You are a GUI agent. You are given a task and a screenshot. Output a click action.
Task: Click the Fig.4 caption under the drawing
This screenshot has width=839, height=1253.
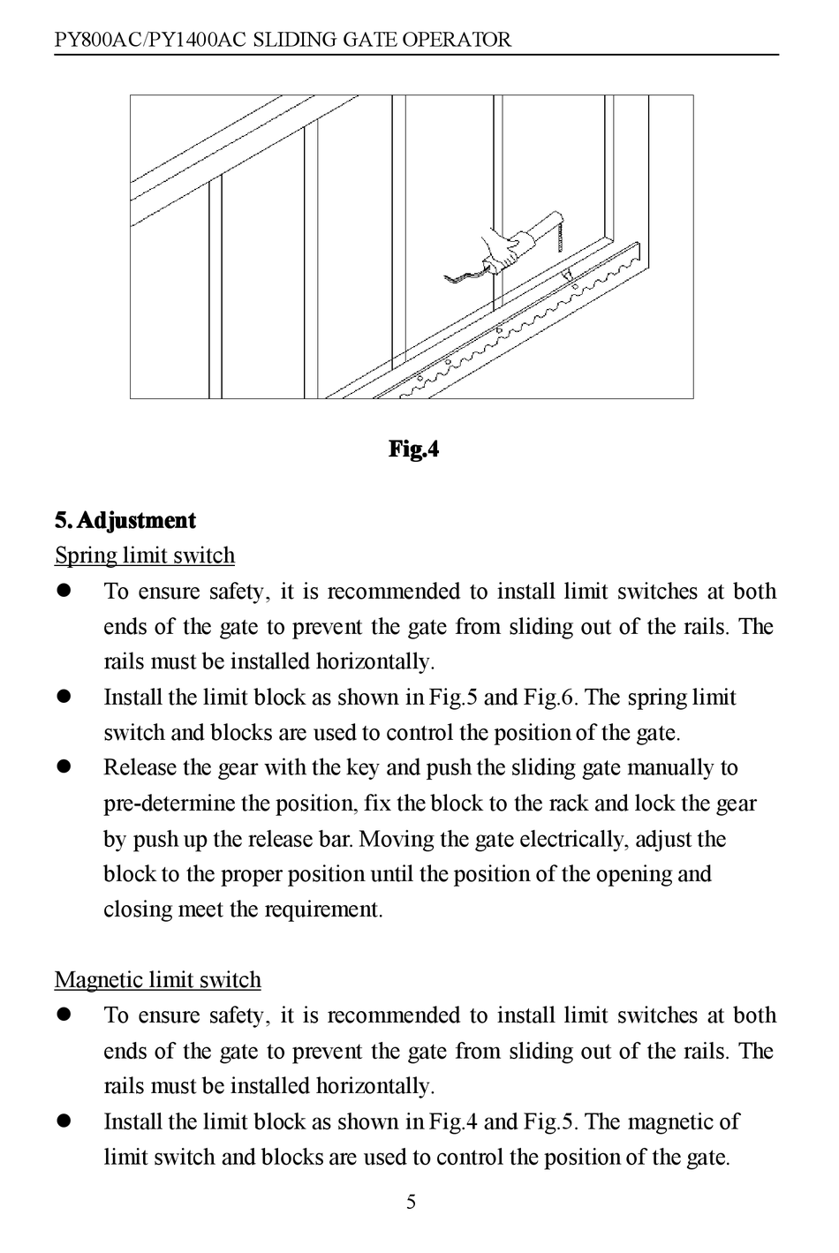pyautogui.click(x=413, y=449)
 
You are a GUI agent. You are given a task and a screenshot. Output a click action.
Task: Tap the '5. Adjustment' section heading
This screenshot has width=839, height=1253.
pyautogui.click(x=125, y=520)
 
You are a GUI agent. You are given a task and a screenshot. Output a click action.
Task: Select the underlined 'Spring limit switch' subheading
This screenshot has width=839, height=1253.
pyautogui.click(x=145, y=555)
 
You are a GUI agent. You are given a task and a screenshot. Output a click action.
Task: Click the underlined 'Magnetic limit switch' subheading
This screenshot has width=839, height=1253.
pyautogui.click(x=158, y=980)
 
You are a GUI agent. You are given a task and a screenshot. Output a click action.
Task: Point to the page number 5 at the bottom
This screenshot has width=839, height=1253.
pyautogui.click(x=411, y=1202)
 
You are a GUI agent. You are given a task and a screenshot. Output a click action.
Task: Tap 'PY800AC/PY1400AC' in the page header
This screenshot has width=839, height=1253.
pyautogui.click(x=147, y=40)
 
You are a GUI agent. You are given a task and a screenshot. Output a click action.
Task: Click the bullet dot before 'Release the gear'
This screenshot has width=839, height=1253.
pyautogui.click(x=64, y=768)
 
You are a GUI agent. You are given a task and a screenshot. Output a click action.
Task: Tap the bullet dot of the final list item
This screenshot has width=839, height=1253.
pyautogui.click(x=64, y=1121)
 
